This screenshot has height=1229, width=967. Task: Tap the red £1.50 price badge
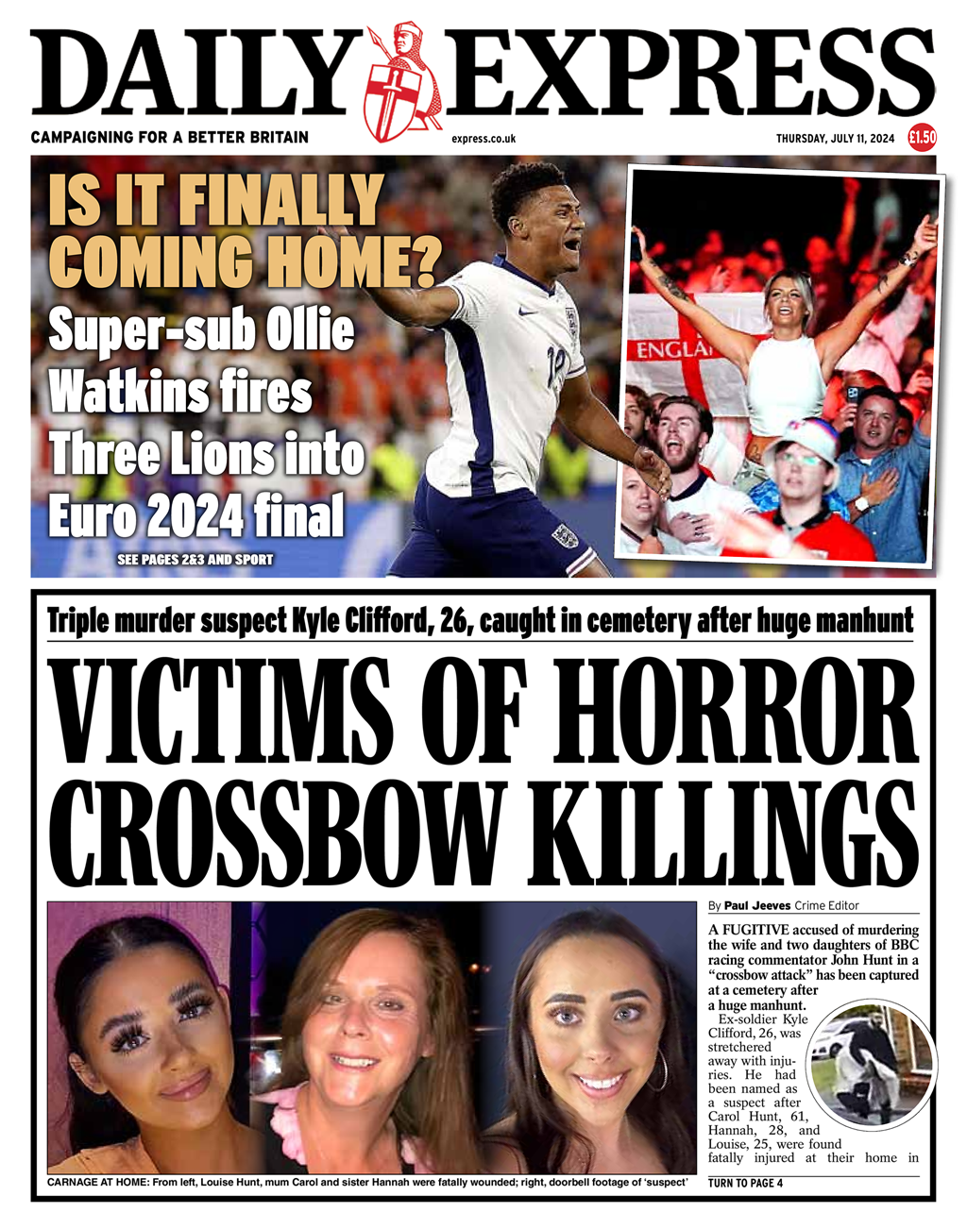(922, 138)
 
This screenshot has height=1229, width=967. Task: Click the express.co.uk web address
(483, 139)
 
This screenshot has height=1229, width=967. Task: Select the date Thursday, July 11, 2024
(835, 139)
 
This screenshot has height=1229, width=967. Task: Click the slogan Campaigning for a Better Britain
(169, 138)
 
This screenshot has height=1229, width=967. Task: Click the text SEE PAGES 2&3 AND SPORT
(195, 560)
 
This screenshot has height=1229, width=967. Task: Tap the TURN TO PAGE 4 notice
(745, 1183)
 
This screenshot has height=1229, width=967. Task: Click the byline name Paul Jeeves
(757, 906)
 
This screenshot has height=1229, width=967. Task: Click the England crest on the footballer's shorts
(564, 536)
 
